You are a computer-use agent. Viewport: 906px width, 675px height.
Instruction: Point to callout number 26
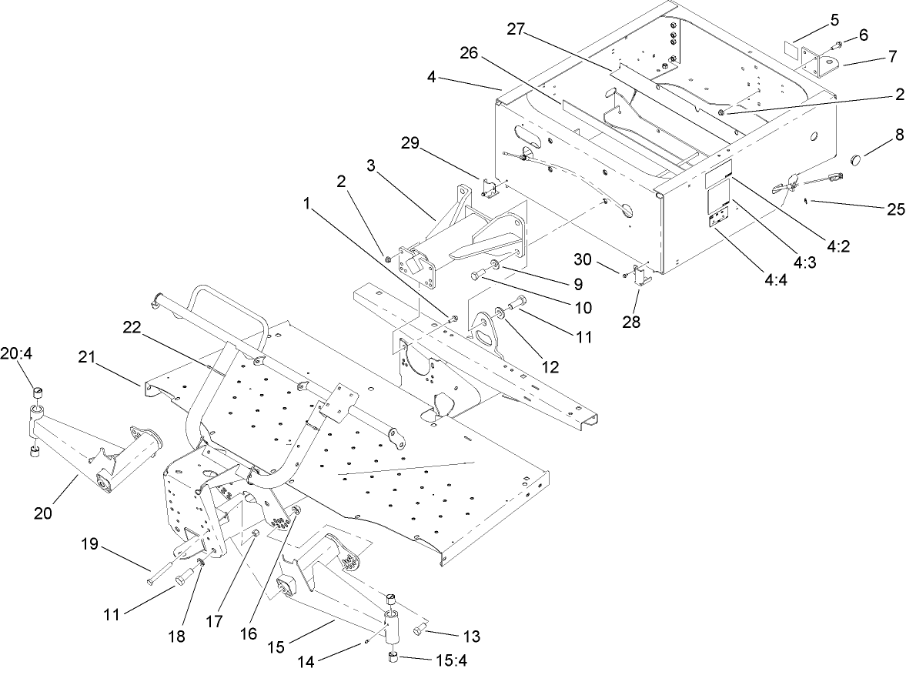click(x=469, y=53)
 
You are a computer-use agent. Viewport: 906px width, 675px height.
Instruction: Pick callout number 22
click(x=134, y=327)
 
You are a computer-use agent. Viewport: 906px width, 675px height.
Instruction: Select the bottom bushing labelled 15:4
click(x=392, y=656)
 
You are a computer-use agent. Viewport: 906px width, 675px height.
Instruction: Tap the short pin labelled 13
click(x=420, y=630)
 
